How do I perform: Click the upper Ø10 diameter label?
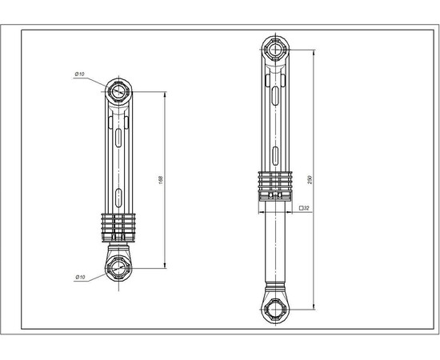(80, 74)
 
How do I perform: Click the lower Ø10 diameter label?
(80, 277)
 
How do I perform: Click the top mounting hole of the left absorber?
(119, 90)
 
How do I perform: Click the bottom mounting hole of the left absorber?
(119, 266)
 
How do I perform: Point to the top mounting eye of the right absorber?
(277, 50)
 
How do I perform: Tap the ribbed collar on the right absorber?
(277, 184)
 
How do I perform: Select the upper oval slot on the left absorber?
(119, 139)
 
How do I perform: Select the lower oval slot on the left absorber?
(119, 195)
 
